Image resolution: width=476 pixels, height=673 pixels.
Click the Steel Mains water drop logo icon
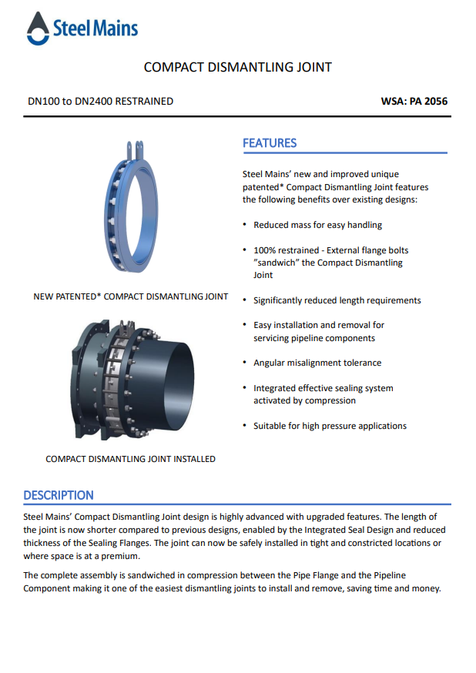38,29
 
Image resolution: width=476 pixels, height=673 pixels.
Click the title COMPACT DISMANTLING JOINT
238,67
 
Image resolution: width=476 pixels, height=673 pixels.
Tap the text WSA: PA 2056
414,101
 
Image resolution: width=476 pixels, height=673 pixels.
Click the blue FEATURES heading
270,143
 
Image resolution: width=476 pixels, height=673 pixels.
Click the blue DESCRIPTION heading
59,495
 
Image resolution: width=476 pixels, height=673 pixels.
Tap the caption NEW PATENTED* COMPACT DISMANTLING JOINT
131,296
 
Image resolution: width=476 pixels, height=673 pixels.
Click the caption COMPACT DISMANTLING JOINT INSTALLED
130,459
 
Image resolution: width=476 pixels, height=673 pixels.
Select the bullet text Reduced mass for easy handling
317,225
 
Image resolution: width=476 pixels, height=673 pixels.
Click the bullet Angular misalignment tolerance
317,363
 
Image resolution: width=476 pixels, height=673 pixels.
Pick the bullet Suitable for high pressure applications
330,426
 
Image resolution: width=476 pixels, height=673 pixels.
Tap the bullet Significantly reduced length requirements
337,300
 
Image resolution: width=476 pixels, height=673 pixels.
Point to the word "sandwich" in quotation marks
276,263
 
